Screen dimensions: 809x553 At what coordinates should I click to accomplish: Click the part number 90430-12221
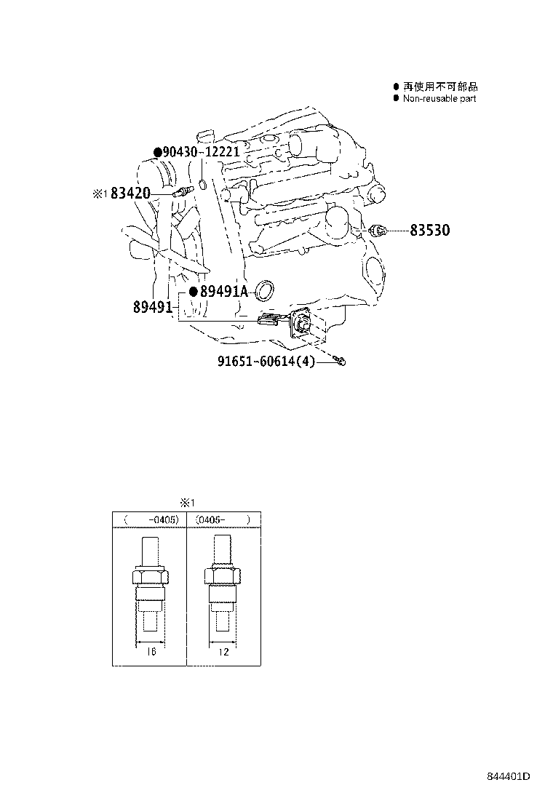201,152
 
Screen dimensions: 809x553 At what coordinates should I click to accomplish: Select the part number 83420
132,194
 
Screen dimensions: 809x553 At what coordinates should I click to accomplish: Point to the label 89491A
224,292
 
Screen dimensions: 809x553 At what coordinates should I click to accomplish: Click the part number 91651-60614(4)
266,361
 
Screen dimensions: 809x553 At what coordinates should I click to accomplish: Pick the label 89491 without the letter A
152,308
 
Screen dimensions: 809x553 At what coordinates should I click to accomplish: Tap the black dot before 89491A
194,292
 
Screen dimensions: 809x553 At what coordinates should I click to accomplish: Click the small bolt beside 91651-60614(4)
339,360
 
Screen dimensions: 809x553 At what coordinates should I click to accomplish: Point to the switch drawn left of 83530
377,231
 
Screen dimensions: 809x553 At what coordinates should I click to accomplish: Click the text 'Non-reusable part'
439,98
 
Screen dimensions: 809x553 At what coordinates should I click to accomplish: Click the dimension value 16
151,652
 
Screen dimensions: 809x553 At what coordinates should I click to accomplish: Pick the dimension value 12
223,652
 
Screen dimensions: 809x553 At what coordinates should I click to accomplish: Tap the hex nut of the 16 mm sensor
151,577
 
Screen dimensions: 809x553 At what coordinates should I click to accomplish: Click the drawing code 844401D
509,776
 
